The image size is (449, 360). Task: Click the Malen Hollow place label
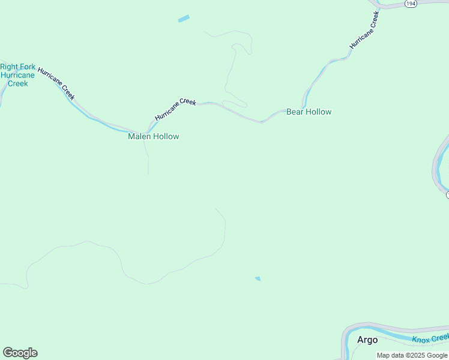(153, 136)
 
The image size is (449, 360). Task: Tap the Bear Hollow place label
(309, 112)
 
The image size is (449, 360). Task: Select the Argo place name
(367, 340)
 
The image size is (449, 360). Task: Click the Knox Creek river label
(429, 339)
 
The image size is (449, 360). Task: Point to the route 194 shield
(411, 4)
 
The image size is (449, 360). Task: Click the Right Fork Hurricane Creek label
(17, 75)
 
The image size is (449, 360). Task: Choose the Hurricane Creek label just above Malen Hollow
(175, 110)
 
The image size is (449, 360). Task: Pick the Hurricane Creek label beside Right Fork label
(56, 83)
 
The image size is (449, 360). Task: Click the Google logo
(20, 353)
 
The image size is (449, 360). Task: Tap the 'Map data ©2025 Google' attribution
(412, 355)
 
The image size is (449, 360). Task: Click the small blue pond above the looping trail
(184, 19)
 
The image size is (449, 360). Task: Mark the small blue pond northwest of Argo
(258, 278)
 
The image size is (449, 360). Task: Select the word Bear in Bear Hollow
(295, 112)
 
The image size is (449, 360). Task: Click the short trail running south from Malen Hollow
(147, 159)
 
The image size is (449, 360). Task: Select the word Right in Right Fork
(10, 67)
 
